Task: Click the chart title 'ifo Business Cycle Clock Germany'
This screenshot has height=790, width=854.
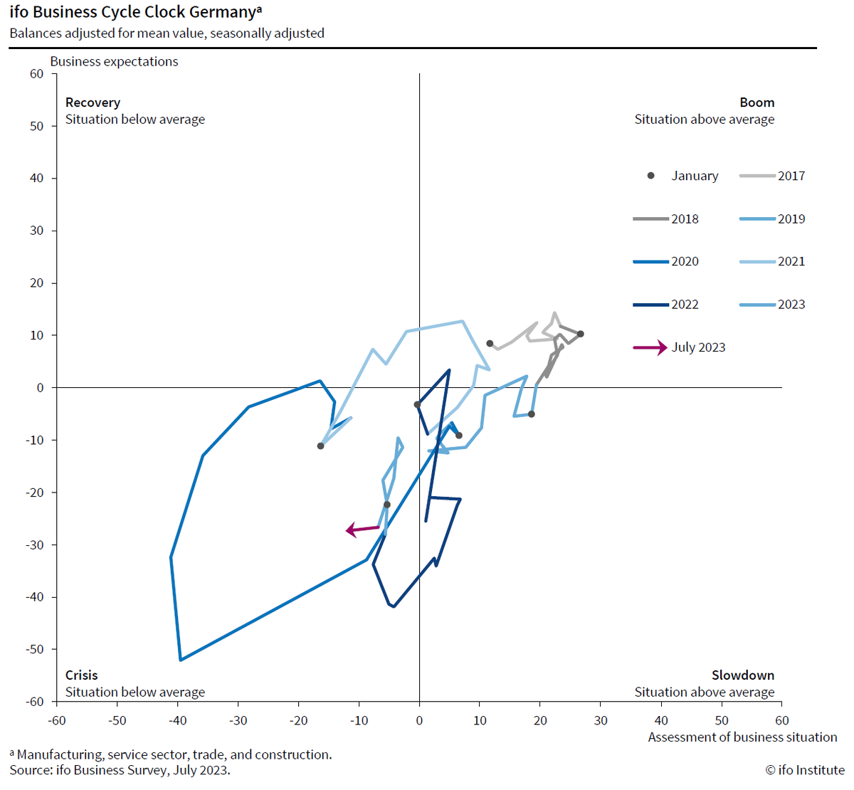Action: click(x=132, y=12)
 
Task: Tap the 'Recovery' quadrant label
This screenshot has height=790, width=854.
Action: click(x=93, y=102)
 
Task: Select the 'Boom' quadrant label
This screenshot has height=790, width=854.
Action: click(x=757, y=102)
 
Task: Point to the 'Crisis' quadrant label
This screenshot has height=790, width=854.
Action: click(x=81, y=675)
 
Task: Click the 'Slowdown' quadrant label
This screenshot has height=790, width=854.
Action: click(x=742, y=675)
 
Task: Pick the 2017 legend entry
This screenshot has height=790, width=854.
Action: click(x=773, y=176)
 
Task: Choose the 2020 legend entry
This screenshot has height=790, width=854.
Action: click(x=666, y=261)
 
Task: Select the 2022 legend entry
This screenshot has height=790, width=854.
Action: click(x=666, y=305)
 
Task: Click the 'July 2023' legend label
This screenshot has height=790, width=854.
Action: click(x=698, y=347)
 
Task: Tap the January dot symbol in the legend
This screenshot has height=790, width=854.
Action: click(x=650, y=176)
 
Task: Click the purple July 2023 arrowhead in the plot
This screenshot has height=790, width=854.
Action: click(x=350, y=530)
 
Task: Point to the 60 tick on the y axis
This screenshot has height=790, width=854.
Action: click(x=36, y=74)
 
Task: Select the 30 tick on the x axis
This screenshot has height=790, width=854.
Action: click(x=601, y=720)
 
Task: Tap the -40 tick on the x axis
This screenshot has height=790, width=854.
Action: click(x=177, y=720)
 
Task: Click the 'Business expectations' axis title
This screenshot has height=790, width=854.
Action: click(x=114, y=61)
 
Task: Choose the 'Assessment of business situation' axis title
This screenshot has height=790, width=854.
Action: click(x=742, y=737)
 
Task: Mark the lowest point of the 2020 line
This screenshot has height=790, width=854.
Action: click(x=181, y=660)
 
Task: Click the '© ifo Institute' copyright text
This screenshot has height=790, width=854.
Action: click(x=805, y=770)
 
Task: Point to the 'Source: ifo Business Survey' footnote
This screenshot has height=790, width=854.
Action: click(x=120, y=770)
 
